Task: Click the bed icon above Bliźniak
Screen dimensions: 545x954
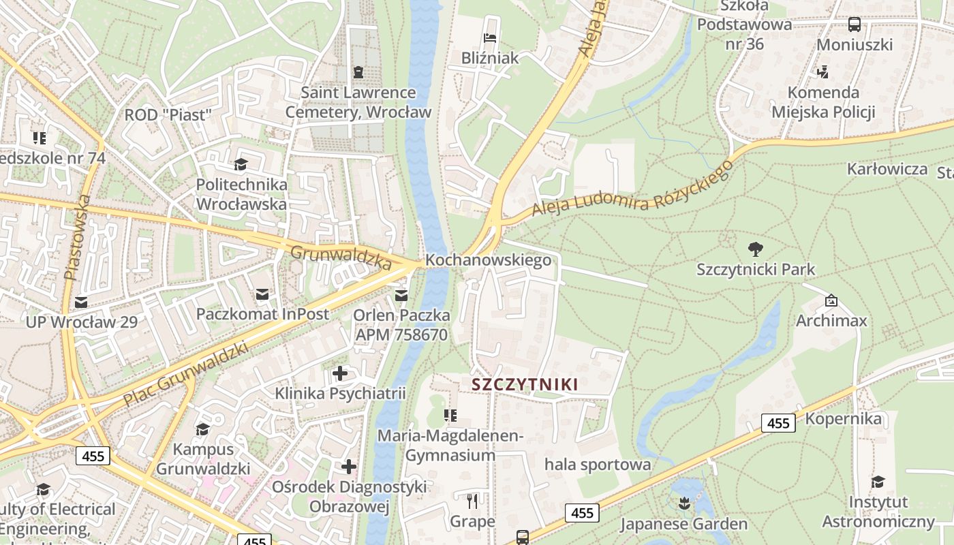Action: point(489,37)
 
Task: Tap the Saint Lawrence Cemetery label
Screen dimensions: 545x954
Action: point(358,102)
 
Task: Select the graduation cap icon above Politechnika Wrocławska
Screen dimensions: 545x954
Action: point(241,164)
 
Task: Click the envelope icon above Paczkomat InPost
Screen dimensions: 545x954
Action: point(262,294)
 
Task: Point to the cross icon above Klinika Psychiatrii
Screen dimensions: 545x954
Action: point(339,373)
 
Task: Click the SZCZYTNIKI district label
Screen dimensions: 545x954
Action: point(525,384)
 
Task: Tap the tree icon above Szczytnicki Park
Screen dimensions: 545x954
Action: point(755,249)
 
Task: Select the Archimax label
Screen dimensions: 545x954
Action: point(831,320)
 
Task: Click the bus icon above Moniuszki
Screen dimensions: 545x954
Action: point(854,25)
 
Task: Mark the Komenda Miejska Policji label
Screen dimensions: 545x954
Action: point(823,102)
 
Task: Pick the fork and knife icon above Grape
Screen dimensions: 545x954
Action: point(472,501)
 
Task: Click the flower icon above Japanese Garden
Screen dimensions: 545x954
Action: point(683,503)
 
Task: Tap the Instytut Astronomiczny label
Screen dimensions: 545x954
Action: point(878,512)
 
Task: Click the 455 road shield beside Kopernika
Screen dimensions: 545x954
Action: point(778,423)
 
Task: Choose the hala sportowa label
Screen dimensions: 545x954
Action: point(598,465)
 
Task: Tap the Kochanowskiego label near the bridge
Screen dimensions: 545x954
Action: point(488,260)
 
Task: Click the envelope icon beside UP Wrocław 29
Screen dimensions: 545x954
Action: point(81,302)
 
